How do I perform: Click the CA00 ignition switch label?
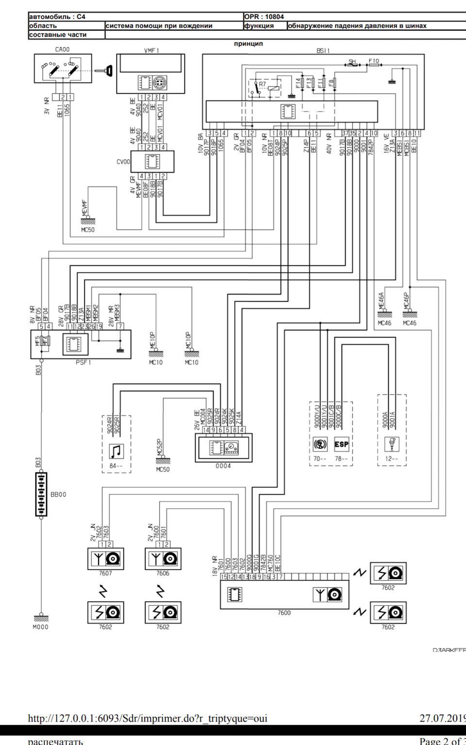(62, 49)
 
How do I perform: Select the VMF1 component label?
(151, 50)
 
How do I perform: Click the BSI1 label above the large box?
(323, 50)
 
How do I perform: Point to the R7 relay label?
(262, 84)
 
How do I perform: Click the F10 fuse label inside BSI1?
(374, 61)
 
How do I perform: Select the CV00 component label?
(123, 162)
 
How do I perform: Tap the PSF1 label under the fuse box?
(83, 362)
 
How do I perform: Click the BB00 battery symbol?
(41, 494)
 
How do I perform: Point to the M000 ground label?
(40, 627)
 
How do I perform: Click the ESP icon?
(341, 444)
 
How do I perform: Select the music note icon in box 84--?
(116, 451)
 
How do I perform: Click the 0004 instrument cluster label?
(223, 466)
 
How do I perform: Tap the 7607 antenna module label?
(105, 573)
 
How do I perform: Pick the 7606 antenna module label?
(163, 573)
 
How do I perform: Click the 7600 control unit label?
(284, 613)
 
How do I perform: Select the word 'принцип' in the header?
(248, 44)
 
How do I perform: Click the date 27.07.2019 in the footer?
(442, 718)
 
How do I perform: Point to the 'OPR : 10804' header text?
(264, 16)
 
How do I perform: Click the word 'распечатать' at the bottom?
(55, 741)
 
